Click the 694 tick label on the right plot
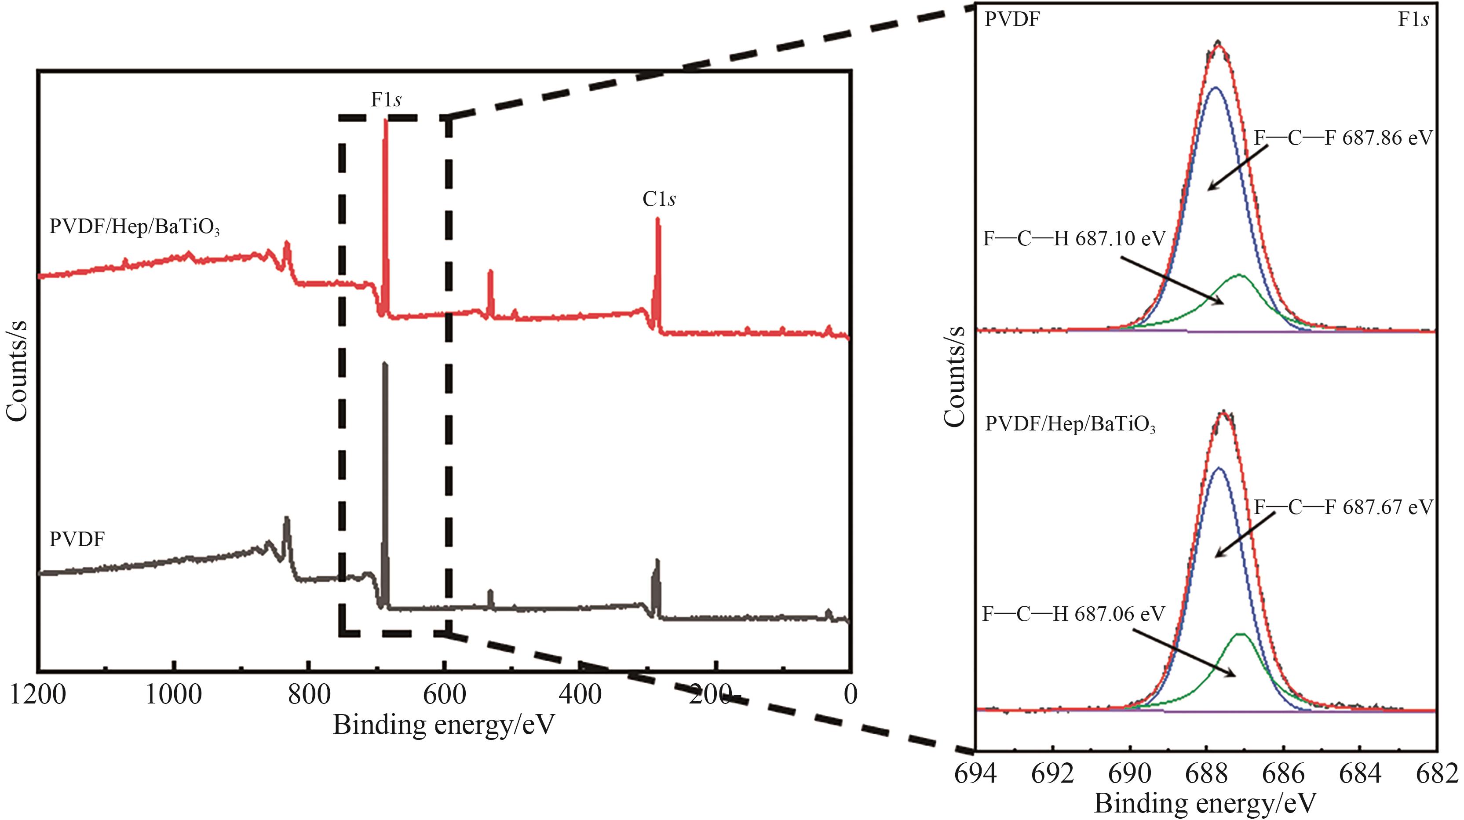tap(975, 774)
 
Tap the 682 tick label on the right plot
tap(1437, 774)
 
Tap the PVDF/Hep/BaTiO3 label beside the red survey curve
tap(135, 227)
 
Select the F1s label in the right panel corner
tap(1413, 20)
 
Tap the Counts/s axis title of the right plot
tap(955, 376)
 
